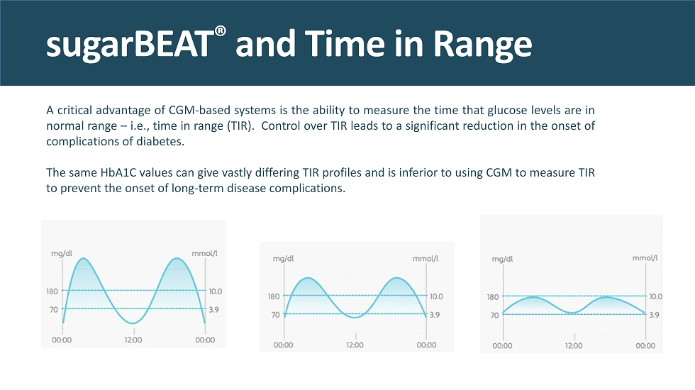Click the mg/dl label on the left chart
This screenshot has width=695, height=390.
(62, 252)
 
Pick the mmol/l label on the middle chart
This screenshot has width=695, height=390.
(426, 259)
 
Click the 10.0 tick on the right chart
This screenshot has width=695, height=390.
(655, 296)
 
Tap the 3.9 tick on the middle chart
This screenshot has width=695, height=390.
(435, 314)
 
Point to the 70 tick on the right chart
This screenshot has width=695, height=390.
(494, 315)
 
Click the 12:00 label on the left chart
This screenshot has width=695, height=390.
(133, 340)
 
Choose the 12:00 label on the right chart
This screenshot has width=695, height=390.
(574, 345)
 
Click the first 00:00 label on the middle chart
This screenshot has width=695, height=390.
(283, 345)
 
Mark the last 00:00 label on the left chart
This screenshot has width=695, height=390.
(205, 340)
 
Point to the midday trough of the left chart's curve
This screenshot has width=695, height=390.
(133, 323)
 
